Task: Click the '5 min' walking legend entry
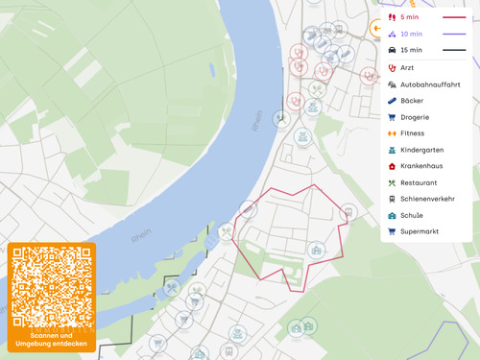pyautogui.click(x=410, y=17)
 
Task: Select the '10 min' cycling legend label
pyautogui.click(x=411, y=34)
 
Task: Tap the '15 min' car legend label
pyautogui.click(x=411, y=50)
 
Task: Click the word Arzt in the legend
pyautogui.click(x=407, y=68)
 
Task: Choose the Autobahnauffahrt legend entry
pyautogui.click(x=429, y=84)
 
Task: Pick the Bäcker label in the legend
pyautogui.click(x=411, y=101)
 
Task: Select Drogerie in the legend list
pyautogui.click(x=414, y=117)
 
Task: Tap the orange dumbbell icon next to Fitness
pyautogui.click(x=392, y=133)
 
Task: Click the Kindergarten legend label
pyautogui.click(x=421, y=150)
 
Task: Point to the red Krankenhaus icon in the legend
pyautogui.click(x=392, y=166)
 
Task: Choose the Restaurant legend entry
pyautogui.click(x=419, y=182)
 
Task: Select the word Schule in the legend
pyautogui.click(x=411, y=215)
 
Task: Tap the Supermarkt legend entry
pyautogui.click(x=419, y=231)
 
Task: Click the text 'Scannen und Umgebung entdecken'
pyautogui.click(x=52, y=339)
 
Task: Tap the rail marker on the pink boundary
pyautogui.click(x=348, y=212)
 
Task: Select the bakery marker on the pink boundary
pyautogui.click(x=248, y=208)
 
